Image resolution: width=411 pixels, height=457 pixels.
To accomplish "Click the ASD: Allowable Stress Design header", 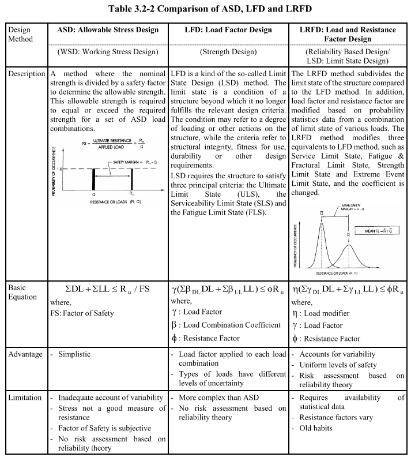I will coord(108,29).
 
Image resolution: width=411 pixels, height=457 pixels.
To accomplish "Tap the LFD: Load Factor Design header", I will coord(229,29).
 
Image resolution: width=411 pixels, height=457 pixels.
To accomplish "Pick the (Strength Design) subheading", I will coord(229,51).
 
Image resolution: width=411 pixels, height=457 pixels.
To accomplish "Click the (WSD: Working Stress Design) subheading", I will coord(108,51).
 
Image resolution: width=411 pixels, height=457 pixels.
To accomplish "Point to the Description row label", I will coord(25,74).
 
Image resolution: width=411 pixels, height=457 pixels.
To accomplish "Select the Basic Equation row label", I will coord(23,292).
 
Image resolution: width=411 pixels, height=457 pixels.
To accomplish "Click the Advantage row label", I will coord(25,354).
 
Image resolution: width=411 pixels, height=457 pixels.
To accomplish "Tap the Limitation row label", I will coord(25,398).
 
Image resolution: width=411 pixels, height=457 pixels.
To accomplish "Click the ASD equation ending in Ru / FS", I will coord(108,289).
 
